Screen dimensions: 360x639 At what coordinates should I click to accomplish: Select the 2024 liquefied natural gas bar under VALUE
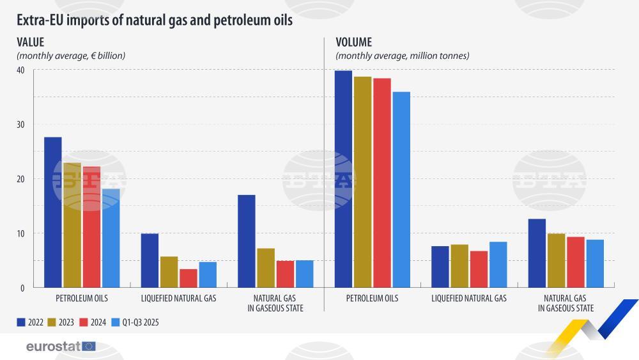pyautogui.click(x=189, y=278)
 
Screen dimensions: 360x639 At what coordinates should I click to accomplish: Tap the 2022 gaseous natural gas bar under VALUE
pyautogui.click(x=246, y=241)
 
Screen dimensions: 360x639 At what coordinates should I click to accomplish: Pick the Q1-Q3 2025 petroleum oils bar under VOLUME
pyautogui.click(x=401, y=189)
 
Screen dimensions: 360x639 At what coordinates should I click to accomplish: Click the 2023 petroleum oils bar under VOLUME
pyautogui.click(x=363, y=182)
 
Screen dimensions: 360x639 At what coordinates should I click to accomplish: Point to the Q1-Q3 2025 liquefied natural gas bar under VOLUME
pyautogui.click(x=498, y=265)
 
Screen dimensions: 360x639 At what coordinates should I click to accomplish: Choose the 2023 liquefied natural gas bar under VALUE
pyautogui.click(x=169, y=272)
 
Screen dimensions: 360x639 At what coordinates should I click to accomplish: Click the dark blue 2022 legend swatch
pyautogui.click(x=21, y=322)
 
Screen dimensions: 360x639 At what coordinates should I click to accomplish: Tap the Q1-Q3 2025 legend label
pyautogui.click(x=141, y=322)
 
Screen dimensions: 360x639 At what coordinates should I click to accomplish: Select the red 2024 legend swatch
pyautogui.click(x=82, y=322)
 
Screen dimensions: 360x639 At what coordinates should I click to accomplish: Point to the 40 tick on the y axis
pyautogui.click(x=20, y=70)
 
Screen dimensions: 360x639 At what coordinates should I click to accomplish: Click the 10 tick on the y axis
pyautogui.click(x=20, y=233)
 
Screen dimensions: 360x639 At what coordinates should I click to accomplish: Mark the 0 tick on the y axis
pyautogui.click(x=22, y=288)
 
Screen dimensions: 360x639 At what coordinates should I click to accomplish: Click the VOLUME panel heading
pyautogui.click(x=353, y=42)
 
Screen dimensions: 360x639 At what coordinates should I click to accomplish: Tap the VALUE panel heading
pyautogui.click(x=30, y=42)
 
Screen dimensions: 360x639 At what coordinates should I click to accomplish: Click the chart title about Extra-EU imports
pyautogui.click(x=155, y=20)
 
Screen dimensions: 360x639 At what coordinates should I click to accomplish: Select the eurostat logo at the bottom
pyautogui.click(x=61, y=347)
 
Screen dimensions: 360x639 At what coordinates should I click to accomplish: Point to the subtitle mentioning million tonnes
pyautogui.click(x=403, y=56)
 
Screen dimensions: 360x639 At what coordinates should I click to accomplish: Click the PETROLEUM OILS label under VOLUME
pyautogui.click(x=372, y=298)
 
